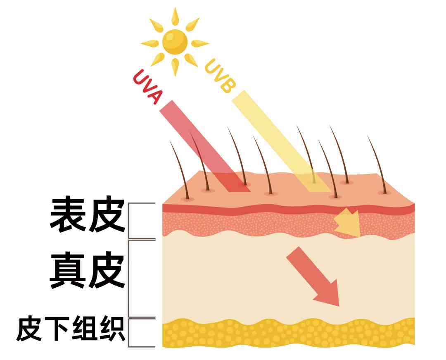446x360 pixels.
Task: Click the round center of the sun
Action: pyautogui.click(x=175, y=41)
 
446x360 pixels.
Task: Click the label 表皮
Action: pyautogui.click(x=87, y=215)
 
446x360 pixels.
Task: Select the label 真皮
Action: pyautogui.click(x=87, y=271)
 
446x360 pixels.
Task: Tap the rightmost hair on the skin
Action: pyautogui.click(x=377, y=164)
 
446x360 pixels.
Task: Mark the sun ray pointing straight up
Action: pyautogui.click(x=175, y=16)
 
